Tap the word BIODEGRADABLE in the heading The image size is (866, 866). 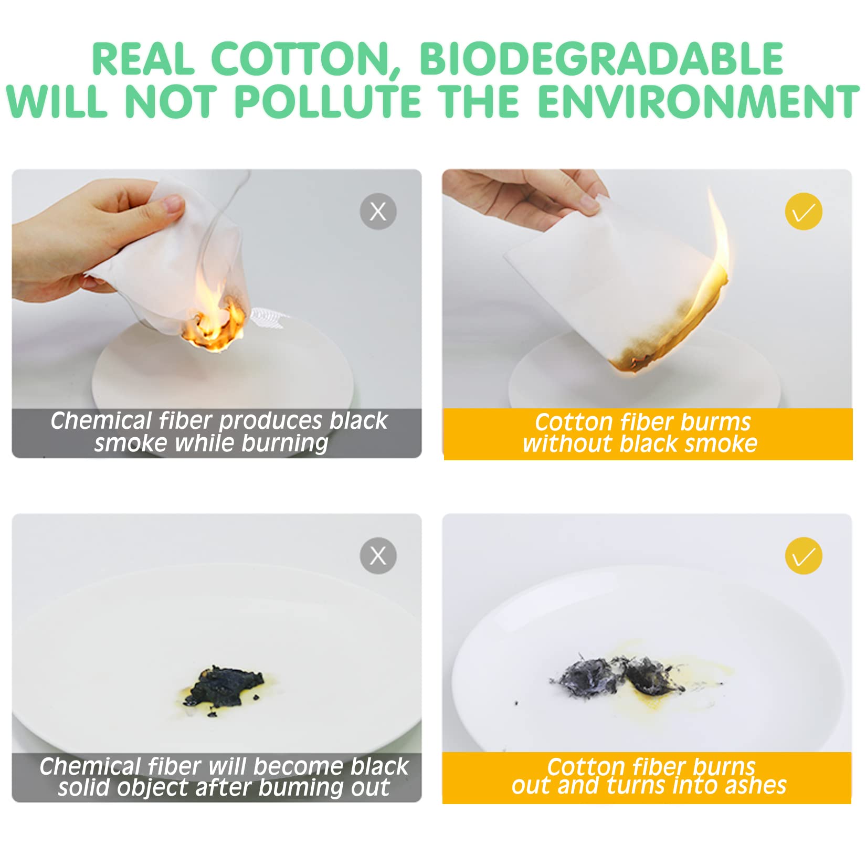601,59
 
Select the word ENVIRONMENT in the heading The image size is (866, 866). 699,101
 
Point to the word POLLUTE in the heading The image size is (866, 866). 328,101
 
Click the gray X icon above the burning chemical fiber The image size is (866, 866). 378,212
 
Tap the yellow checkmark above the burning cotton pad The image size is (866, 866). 804,212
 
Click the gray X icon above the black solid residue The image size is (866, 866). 378,556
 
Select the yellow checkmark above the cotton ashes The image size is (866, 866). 804,556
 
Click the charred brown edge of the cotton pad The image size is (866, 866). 667,336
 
